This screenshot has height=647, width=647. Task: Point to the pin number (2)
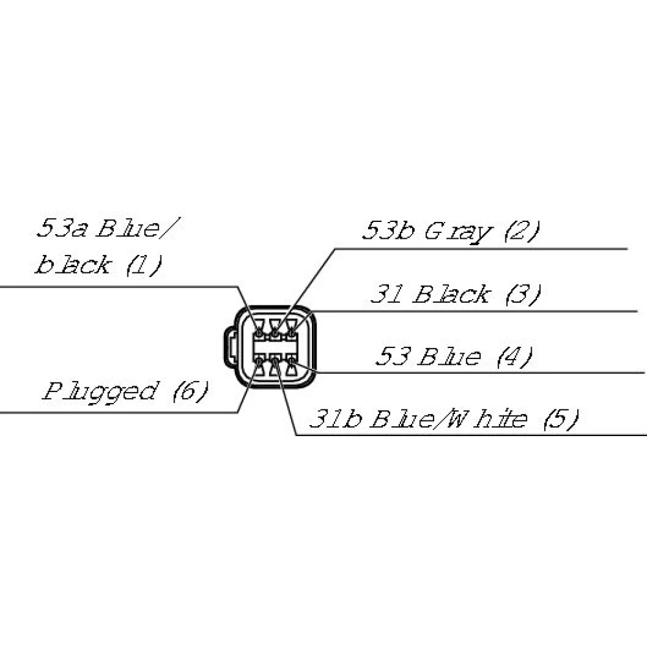[520, 231]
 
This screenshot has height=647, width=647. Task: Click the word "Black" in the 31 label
[450, 295]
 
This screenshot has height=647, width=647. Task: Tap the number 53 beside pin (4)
[394, 356]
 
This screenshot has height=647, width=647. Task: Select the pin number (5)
[560, 420]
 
